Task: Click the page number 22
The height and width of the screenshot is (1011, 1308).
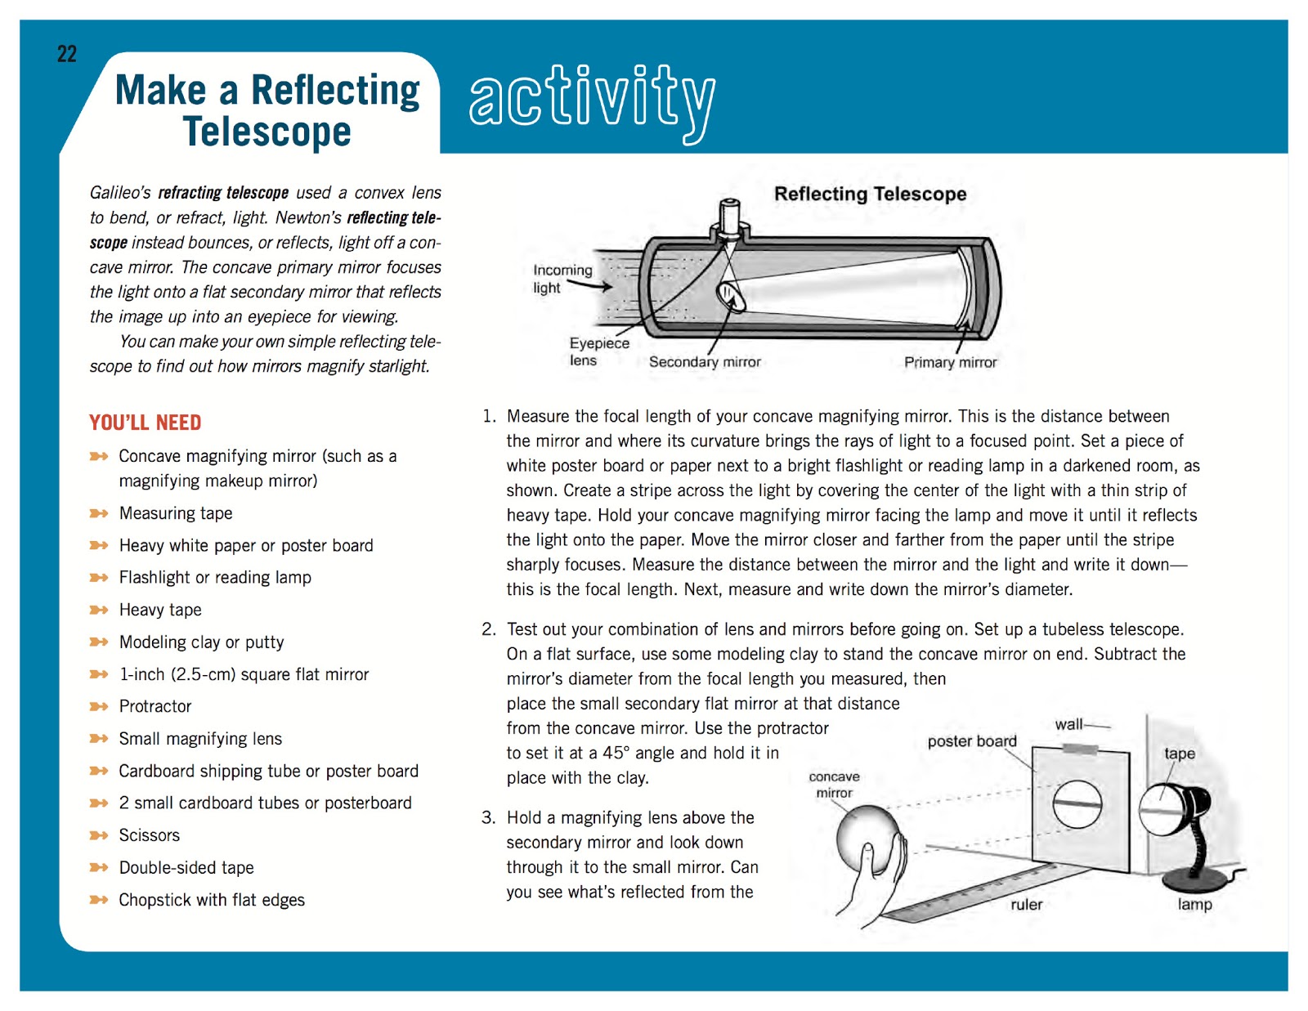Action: tap(67, 55)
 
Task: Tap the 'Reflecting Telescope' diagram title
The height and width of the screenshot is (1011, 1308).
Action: tap(870, 194)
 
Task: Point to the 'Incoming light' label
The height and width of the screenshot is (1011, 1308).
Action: tap(562, 279)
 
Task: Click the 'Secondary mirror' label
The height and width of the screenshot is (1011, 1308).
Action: tap(705, 362)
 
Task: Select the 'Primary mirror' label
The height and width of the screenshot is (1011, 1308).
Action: tap(950, 362)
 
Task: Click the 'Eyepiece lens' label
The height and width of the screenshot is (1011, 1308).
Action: tap(598, 352)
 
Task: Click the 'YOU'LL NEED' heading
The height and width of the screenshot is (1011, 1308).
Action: tap(146, 423)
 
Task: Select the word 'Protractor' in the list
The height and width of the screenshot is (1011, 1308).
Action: tap(155, 706)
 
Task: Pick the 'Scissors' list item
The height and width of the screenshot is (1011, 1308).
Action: tap(149, 835)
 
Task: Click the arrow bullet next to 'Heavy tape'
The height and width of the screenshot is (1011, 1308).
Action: tap(99, 610)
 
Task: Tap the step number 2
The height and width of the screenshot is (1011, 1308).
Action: tap(488, 629)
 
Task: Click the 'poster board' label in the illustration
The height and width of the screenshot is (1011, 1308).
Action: tap(972, 741)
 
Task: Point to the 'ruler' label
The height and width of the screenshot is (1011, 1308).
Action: tap(1026, 905)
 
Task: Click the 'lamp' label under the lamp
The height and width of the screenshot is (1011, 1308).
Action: tap(1194, 905)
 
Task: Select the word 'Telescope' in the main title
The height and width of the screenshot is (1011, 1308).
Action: tap(267, 132)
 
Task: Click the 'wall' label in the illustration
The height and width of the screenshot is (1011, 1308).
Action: tap(1068, 724)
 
